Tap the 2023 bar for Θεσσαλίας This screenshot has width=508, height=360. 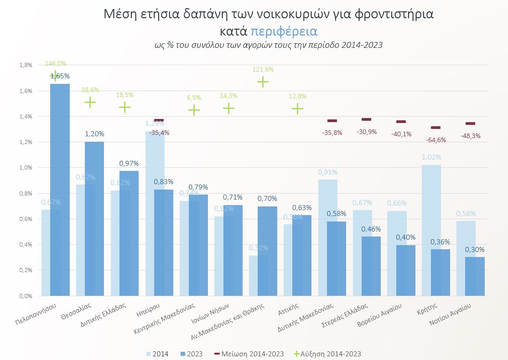[x=94, y=219]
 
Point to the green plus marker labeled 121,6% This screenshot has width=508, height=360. [x=263, y=82]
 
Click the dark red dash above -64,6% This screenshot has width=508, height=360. [x=435, y=128]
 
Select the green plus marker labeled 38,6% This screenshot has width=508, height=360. [x=90, y=102]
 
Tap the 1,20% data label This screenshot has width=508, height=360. [x=94, y=134]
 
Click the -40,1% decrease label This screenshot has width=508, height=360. [x=401, y=134]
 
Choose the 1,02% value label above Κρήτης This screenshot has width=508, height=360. [x=431, y=157]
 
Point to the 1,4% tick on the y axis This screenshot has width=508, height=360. [x=26, y=117]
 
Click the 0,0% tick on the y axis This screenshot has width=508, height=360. [x=26, y=296]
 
